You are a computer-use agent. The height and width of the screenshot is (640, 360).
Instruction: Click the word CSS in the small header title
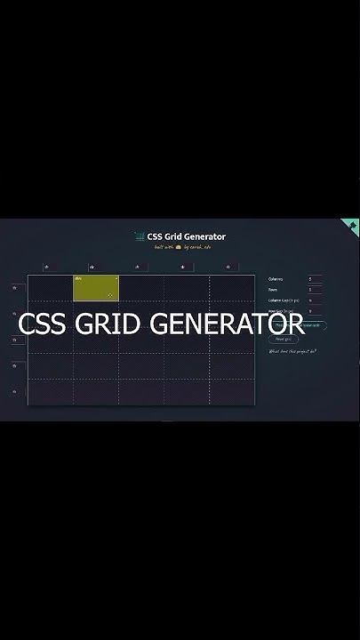click(x=154, y=236)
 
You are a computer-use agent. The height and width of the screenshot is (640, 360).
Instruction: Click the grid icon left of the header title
click(x=140, y=236)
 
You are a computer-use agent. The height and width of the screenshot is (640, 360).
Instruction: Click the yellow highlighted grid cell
click(x=96, y=288)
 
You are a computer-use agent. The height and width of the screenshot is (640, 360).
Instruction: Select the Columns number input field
click(x=315, y=279)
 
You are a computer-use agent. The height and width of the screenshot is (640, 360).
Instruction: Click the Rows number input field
click(x=315, y=290)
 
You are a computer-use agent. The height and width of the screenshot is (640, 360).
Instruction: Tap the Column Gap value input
click(x=315, y=300)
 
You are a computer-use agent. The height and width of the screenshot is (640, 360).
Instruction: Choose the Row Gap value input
click(x=315, y=311)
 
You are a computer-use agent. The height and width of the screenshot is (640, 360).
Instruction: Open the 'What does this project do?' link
click(x=292, y=351)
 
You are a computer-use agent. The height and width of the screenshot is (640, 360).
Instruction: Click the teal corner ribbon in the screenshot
click(x=352, y=226)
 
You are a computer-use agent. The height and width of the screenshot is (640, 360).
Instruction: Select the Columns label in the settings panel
click(x=276, y=279)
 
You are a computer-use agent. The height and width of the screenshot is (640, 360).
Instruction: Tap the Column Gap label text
click(x=284, y=300)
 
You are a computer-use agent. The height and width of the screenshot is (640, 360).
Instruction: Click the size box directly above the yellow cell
click(x=92, y=267)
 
